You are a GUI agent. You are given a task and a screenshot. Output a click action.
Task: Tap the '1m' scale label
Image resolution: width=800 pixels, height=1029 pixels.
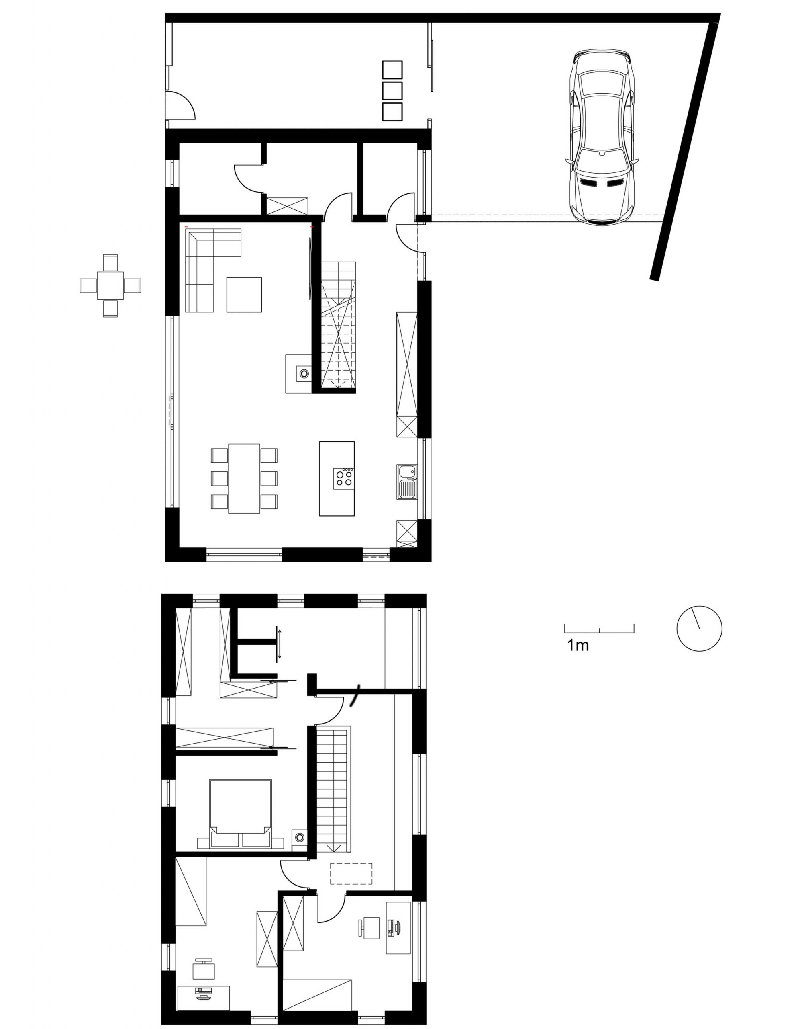[x=578, y=645]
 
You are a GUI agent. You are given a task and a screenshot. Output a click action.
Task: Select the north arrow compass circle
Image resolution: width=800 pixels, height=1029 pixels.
[x=699, y=629]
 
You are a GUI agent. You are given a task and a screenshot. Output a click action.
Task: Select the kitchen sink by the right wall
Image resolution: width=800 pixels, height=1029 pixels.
[x=407, y=482]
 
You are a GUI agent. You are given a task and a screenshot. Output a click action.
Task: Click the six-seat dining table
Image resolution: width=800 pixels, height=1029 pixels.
[x=244, y=478]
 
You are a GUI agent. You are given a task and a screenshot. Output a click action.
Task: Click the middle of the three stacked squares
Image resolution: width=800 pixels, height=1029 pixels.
[x=392, y=91]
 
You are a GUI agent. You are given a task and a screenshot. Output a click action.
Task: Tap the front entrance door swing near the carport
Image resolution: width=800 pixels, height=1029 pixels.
[x=406, y=238]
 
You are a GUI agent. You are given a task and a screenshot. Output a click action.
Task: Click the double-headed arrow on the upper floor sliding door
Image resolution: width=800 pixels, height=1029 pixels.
[x=279, y=644]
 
